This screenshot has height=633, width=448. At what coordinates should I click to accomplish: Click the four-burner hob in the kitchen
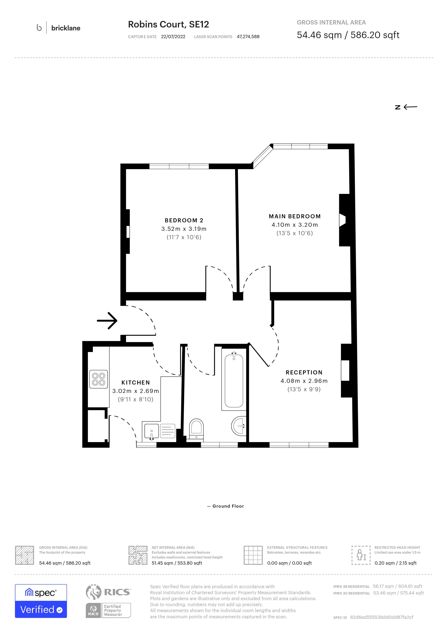pyautogui.click(x=99, y=379)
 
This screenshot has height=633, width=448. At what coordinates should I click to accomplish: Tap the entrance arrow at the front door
pyautogui.click(x=107, y=320)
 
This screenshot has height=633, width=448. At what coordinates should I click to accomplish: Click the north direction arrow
pyautogui.click(x=410, y=107)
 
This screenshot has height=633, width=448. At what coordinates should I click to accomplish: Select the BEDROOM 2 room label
pyautogui.click(x=184, y=220)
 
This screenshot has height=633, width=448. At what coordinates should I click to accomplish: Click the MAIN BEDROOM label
pyautogui.click(x=295, y=216)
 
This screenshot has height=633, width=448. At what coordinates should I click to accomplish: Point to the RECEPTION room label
pyautogui.click(x=304, y=373)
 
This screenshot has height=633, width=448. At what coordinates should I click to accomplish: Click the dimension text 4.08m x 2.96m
pyautogui.click(x=304, y=381)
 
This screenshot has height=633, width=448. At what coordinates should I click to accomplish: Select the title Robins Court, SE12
pyautogui.click(x=168, y=24)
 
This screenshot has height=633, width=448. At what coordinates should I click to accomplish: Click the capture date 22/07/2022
pyautogui.click(x=173, y=37)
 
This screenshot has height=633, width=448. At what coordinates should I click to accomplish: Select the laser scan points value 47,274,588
pyautogui.click(x=248, y=37)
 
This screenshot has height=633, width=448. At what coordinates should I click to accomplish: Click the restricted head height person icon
pyautogui.click(x=361, y=555)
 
